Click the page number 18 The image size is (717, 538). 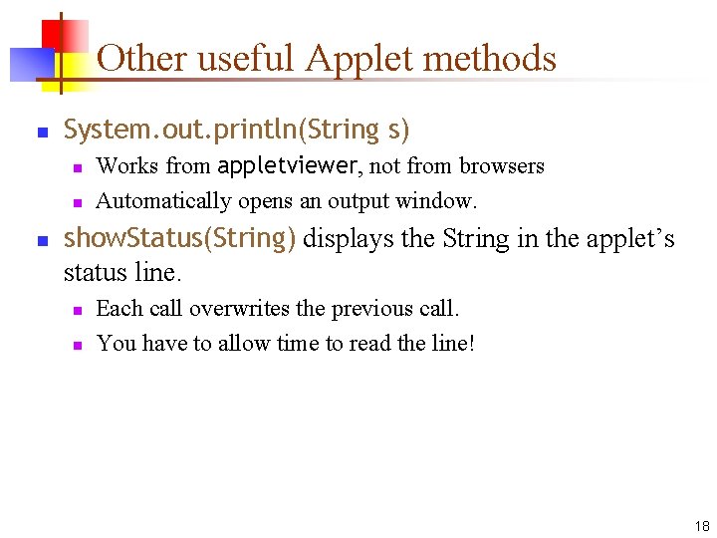(x=702, y=526)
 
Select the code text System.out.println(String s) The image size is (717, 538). (x=237, y=130)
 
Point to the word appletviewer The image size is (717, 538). (x=288, y=165)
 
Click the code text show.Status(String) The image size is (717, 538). (x=179, y=239)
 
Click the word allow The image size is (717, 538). (x=246, y=344)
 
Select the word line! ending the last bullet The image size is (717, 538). (x=452, y=344)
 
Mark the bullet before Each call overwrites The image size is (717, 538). (x=76, y=310)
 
